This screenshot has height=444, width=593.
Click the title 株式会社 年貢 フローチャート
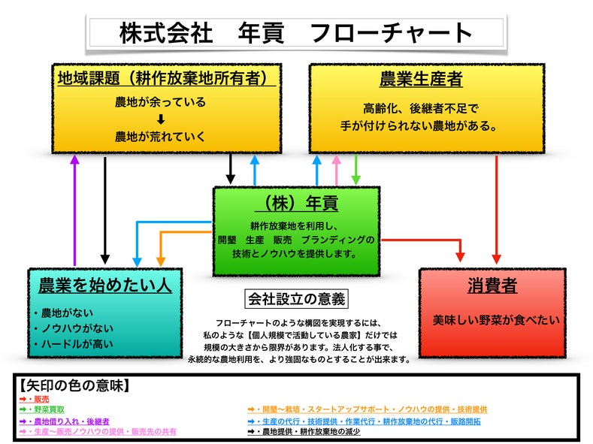pos(296,32)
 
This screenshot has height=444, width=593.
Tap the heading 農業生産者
pos(421,78)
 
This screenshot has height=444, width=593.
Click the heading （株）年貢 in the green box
pos(296,203)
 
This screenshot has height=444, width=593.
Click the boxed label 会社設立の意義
pos(296,299)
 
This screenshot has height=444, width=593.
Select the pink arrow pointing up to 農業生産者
pos(336,171)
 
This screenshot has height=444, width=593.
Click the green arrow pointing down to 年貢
pos(356,171)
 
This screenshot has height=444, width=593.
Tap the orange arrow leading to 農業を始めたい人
pos(161,248)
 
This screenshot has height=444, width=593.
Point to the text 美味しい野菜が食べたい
pos(496,320)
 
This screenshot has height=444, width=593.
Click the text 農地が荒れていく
pos(160,137)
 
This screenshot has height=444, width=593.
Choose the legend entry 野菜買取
pos(45,410)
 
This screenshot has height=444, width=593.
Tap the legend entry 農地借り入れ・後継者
pos(68,421)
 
